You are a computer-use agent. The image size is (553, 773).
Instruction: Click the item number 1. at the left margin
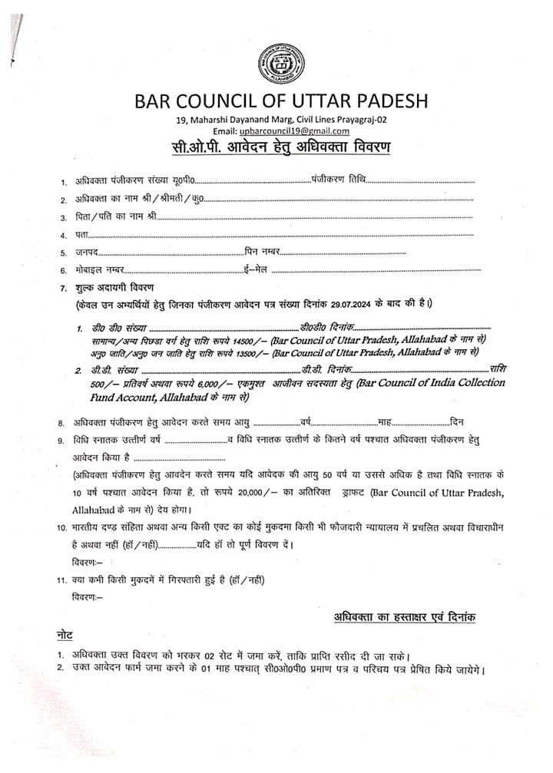pos(64,183)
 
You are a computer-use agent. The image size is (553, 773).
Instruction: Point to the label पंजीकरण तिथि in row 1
pos(338,180)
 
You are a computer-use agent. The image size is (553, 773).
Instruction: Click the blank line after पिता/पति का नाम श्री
pos(315,217)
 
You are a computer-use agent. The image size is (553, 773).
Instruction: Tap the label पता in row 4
pos(80,235)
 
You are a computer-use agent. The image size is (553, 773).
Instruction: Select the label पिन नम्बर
pos(260,253)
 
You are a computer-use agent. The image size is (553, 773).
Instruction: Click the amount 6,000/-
pos(180,383)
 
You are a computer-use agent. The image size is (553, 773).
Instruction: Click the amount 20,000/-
pos(270,492)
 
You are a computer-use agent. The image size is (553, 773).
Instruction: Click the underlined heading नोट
pos(67,637)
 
